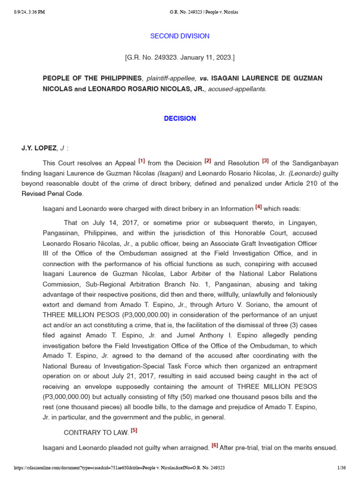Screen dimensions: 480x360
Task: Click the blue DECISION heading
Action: pos(180,119)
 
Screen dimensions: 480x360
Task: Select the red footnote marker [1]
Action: pos(142,161)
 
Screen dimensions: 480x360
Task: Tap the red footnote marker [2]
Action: pos(208,161)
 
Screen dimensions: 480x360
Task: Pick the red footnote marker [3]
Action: pos(265,161)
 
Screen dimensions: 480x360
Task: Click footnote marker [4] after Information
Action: pos(258,207)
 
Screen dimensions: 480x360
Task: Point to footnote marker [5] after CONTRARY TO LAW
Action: pos(134,430)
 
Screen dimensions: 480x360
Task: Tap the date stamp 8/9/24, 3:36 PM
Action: pos(29,12)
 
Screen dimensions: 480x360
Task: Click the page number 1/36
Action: pos(341,468)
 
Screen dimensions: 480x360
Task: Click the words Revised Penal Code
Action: pos(63,194)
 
